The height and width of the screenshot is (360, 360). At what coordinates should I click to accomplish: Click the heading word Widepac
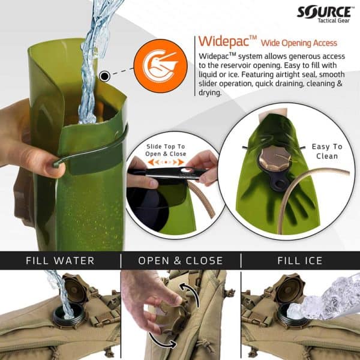coord(223,43)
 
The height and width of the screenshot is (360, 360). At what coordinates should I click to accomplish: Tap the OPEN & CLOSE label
coord(181,260)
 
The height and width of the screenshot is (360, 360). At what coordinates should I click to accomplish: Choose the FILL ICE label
coord(300,260)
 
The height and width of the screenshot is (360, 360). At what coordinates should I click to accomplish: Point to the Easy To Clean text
coord(327,151)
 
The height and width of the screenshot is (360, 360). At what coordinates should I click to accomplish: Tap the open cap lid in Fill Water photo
coord(76,287)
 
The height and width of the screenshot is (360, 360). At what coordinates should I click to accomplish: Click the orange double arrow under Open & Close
coord(165,161)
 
